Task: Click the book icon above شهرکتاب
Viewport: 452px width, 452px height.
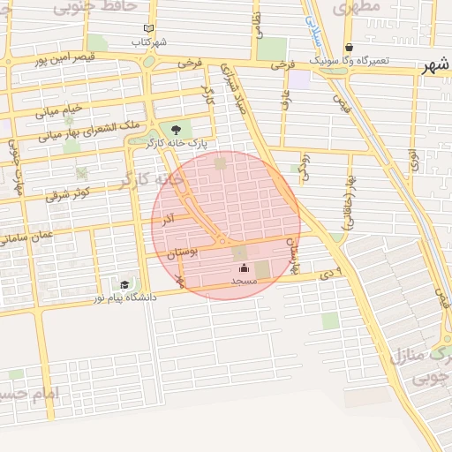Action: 147,29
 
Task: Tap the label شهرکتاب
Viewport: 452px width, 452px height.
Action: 149,41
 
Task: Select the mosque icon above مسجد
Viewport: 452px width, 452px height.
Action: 244,268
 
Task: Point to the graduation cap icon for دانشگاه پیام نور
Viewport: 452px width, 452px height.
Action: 124,284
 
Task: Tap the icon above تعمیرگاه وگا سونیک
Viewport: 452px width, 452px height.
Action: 349,48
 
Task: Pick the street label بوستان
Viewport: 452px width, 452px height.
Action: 183,253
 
